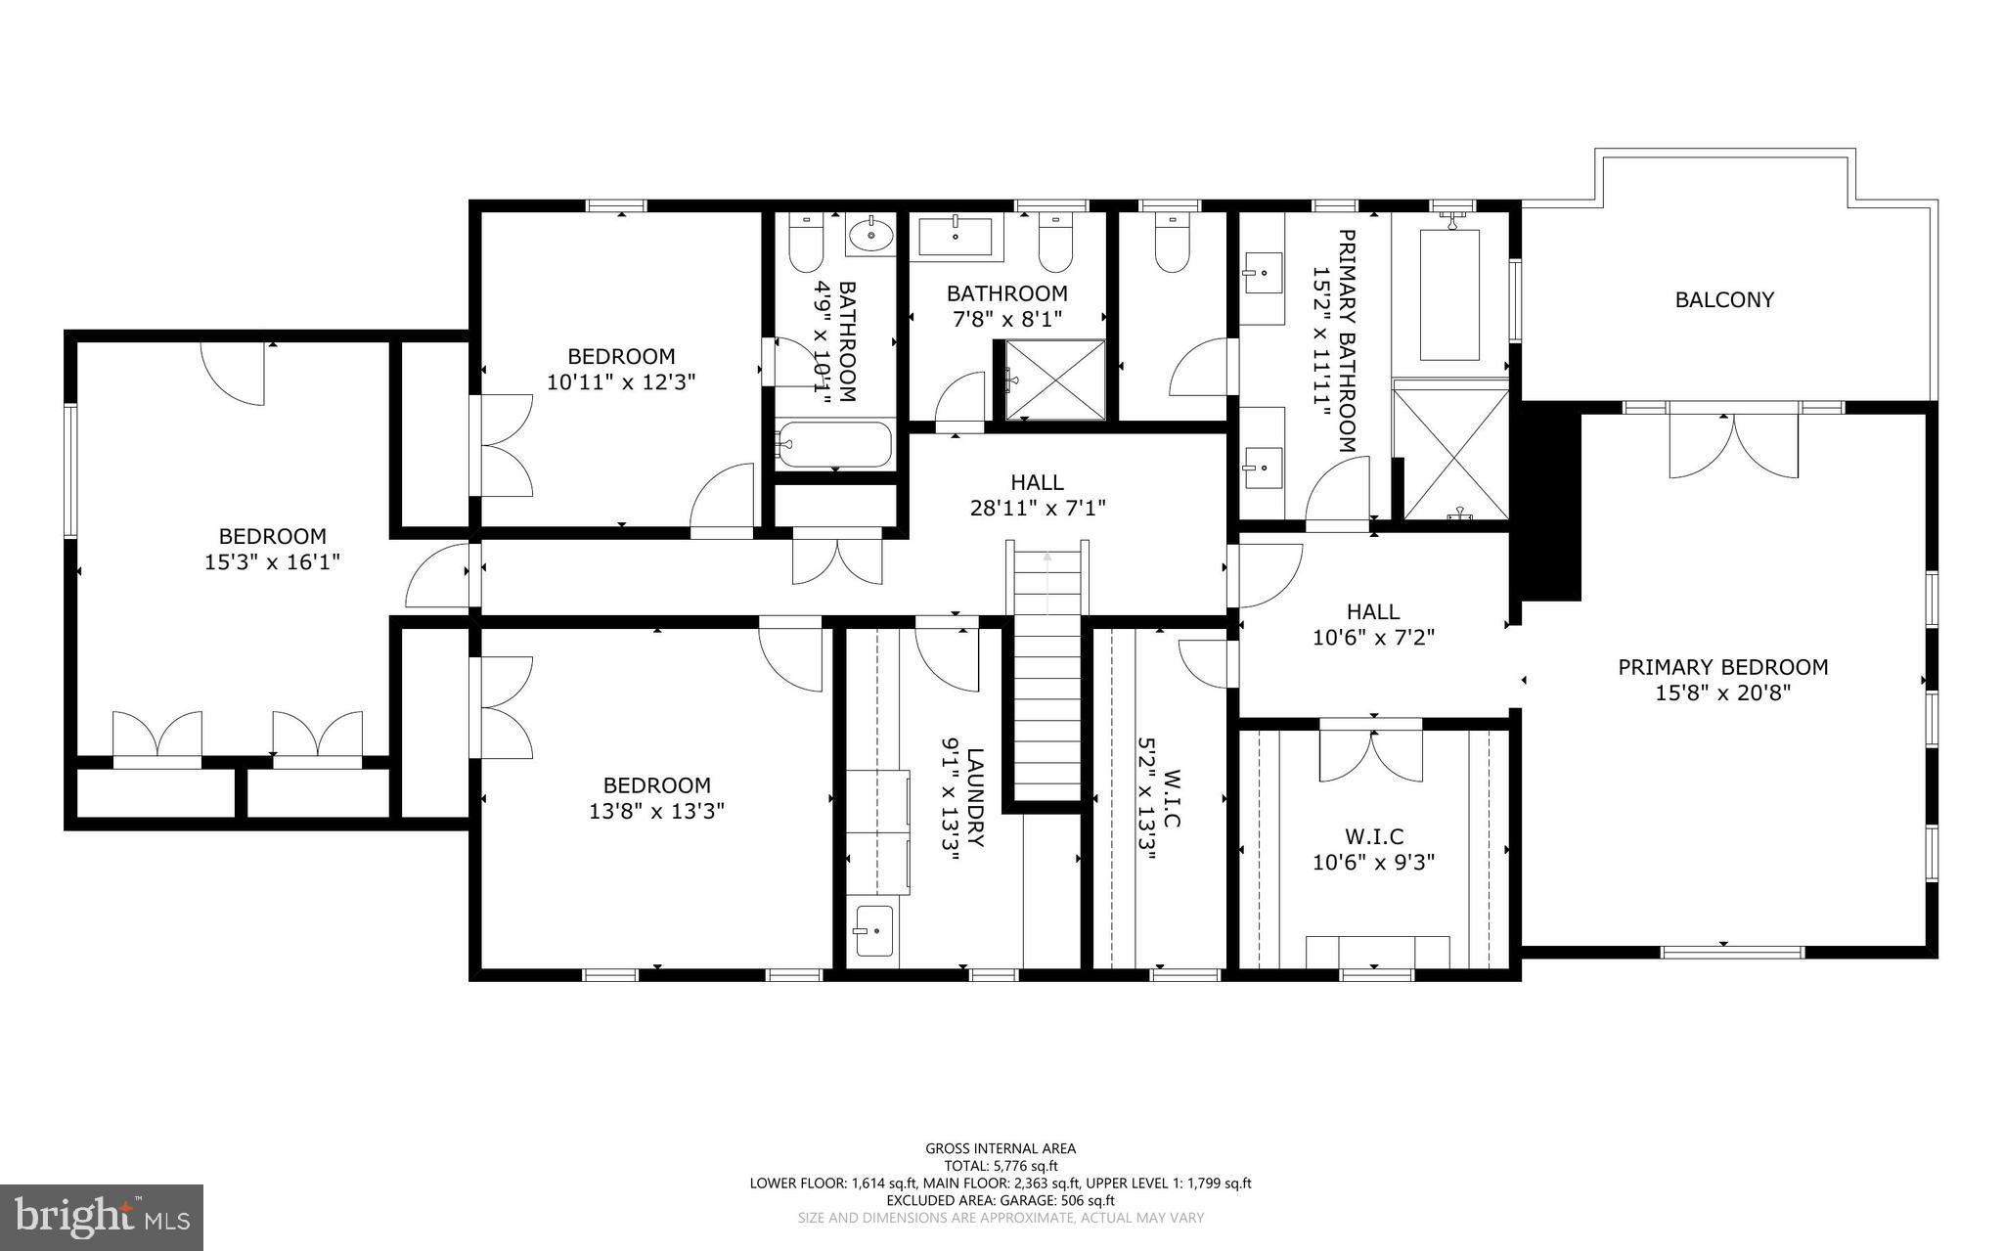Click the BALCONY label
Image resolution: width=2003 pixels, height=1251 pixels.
tap(1723, 300)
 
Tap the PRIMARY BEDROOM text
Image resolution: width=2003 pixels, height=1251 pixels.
tap(1722, 667)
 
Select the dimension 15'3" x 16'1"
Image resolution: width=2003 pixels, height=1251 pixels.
tap(272, 562)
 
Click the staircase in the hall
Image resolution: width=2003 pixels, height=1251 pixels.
tap(1047, 675)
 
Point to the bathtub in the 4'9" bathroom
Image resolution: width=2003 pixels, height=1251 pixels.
tap(834, 445)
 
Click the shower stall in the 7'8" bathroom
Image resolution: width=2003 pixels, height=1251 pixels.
tap(1049, 380)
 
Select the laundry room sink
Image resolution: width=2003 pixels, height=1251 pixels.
tap(873, 930)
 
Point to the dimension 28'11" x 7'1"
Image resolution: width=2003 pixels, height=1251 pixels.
tap(1037, 508)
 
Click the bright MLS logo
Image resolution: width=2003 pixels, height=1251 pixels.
tap(102, 1217)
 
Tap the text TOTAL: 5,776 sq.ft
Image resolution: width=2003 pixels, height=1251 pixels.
tap(1001, 1166)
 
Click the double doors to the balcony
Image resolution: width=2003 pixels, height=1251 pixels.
tap(1733, 446)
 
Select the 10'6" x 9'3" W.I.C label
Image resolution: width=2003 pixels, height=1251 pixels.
tap(1373, 850)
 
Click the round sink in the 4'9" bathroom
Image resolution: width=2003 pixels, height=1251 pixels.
tap(870, 236)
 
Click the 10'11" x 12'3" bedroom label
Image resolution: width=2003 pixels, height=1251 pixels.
tap(621, 369)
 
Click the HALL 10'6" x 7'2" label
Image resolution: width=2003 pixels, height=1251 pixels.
tap(1372, 624)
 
